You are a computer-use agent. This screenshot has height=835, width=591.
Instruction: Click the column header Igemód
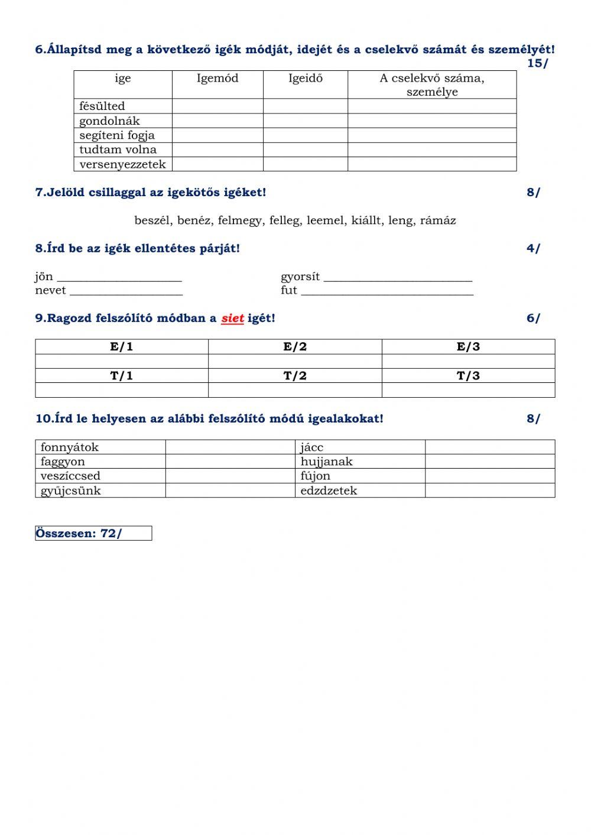tap(217, 79)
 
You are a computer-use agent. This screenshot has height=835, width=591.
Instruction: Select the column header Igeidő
tap(306, 79)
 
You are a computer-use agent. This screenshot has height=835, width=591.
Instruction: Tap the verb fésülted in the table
tap(102, 106)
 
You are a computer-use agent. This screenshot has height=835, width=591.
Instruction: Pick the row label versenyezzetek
tap(122, 164)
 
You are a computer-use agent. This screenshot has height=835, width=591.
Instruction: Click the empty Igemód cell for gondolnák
tap(217, 121)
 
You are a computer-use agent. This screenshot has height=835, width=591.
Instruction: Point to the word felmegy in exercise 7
tap(239, 221)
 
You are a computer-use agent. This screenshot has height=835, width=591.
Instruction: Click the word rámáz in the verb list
tap(438, 221)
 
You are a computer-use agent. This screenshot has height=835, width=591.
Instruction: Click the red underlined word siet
tap(232, 319)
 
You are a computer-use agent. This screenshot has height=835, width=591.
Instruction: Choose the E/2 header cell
tap(295, 347)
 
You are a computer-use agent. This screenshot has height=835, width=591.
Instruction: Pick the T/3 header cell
tap(468, 376)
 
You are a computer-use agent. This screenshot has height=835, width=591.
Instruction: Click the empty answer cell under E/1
tap(122, 362)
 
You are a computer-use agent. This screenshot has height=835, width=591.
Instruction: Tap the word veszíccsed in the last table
tap(70, 476)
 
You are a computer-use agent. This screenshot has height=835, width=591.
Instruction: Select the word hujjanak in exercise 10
tap(326, 462)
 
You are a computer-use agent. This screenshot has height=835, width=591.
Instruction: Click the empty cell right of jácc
tap(490, 447)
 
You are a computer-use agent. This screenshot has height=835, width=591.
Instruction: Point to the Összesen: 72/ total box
tap(93, 534)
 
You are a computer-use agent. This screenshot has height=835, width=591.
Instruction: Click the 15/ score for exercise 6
tap(537, 64)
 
